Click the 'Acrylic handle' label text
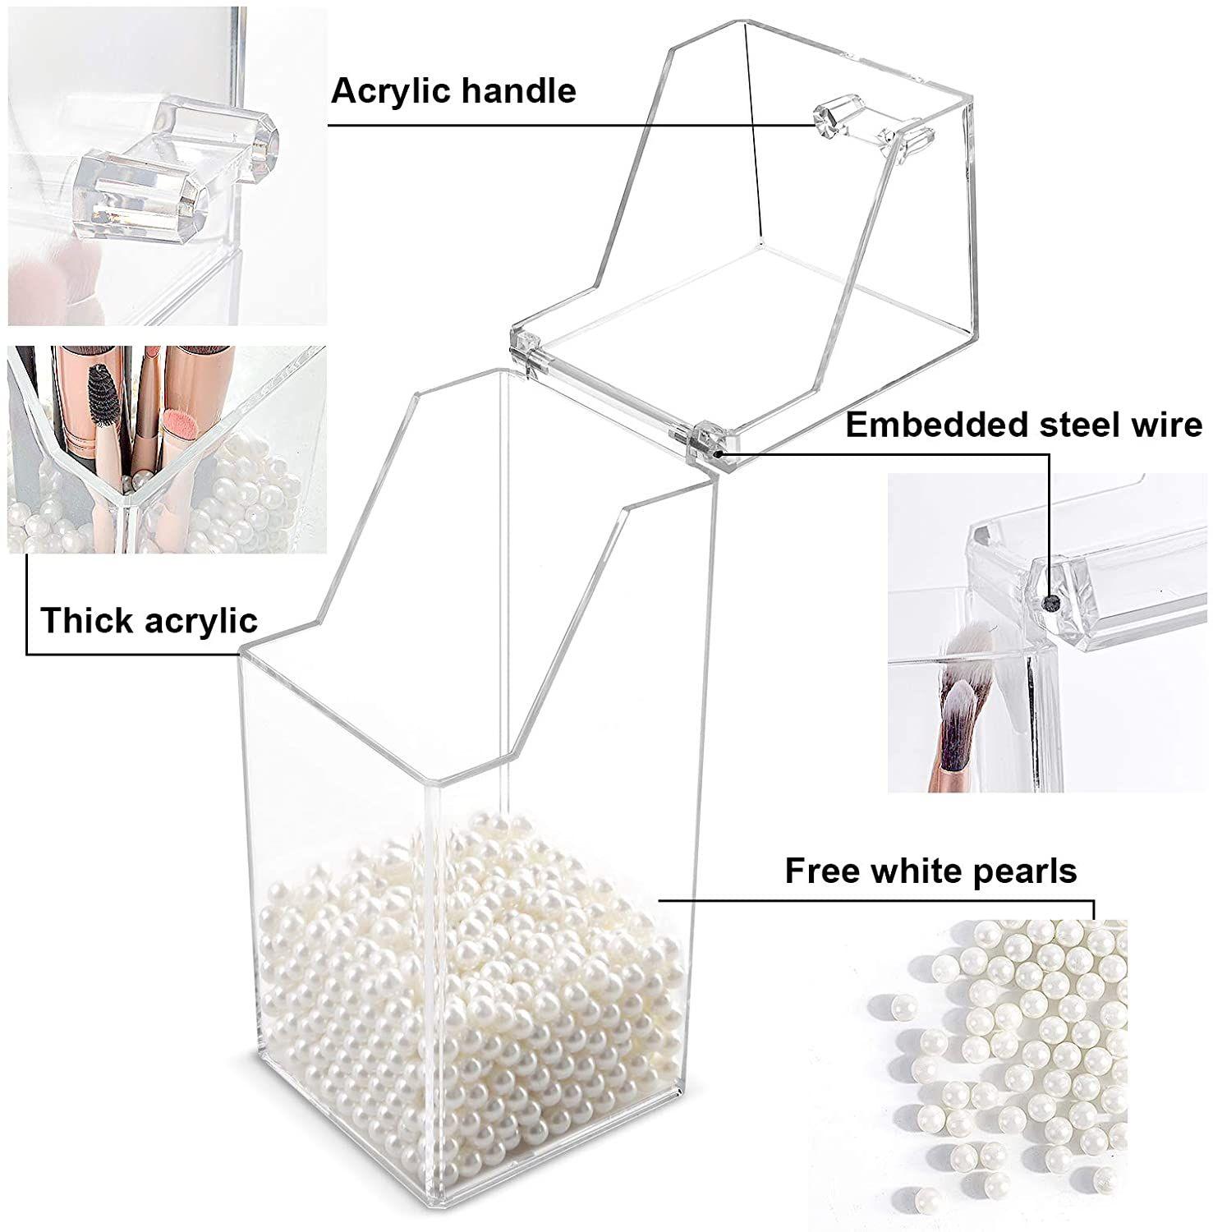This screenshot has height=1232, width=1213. pyautogui.click(x=453, y=91)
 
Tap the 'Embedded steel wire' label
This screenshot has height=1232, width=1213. pyautogui.click(x=1023, y=425)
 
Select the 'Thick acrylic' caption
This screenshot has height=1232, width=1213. pyautogui.click(x=149, y=620)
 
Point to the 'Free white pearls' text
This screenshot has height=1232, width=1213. pyautogui.click(x=930, y=871)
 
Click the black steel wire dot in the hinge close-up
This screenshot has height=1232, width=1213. pyautogui.click(x=1047, y=604)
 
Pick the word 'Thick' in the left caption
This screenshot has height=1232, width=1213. pyautogui.click(x=82, y=620)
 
